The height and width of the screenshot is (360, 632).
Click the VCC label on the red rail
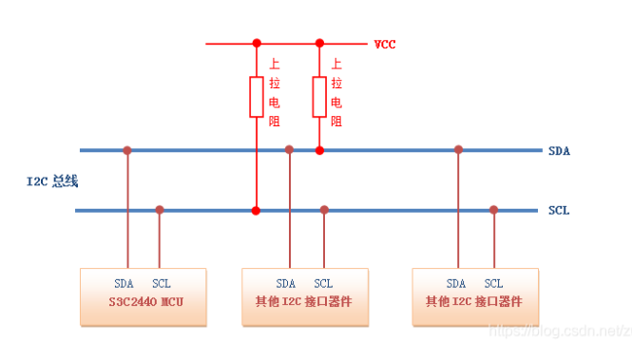pos(386,44)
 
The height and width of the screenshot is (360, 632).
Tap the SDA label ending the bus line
pos(560,150)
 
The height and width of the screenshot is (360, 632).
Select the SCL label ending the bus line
pos(560,210)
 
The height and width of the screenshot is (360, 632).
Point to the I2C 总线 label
pos(51,180)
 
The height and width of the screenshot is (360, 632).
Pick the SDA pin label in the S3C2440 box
pos(124,283)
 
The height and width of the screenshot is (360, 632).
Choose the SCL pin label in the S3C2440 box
pos(162,283)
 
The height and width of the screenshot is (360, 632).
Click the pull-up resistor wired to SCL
pos(256,97)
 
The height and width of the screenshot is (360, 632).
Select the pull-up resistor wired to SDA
pos(319,97)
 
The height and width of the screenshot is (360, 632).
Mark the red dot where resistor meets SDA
pos(319,150)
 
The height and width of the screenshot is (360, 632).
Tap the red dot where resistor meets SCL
pos(256,210)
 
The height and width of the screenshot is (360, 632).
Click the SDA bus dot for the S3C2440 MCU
pos(127,150)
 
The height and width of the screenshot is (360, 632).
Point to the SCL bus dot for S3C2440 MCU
pos(160,210)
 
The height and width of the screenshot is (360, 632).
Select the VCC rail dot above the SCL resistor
pos(256,43)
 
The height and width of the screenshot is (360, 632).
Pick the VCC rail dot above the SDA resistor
pos(319,43)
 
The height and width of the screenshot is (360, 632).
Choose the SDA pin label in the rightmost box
pos(457,283)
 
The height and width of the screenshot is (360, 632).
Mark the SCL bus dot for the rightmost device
pos(493,210)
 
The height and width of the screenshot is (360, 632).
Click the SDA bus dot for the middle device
pos(290,150)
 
